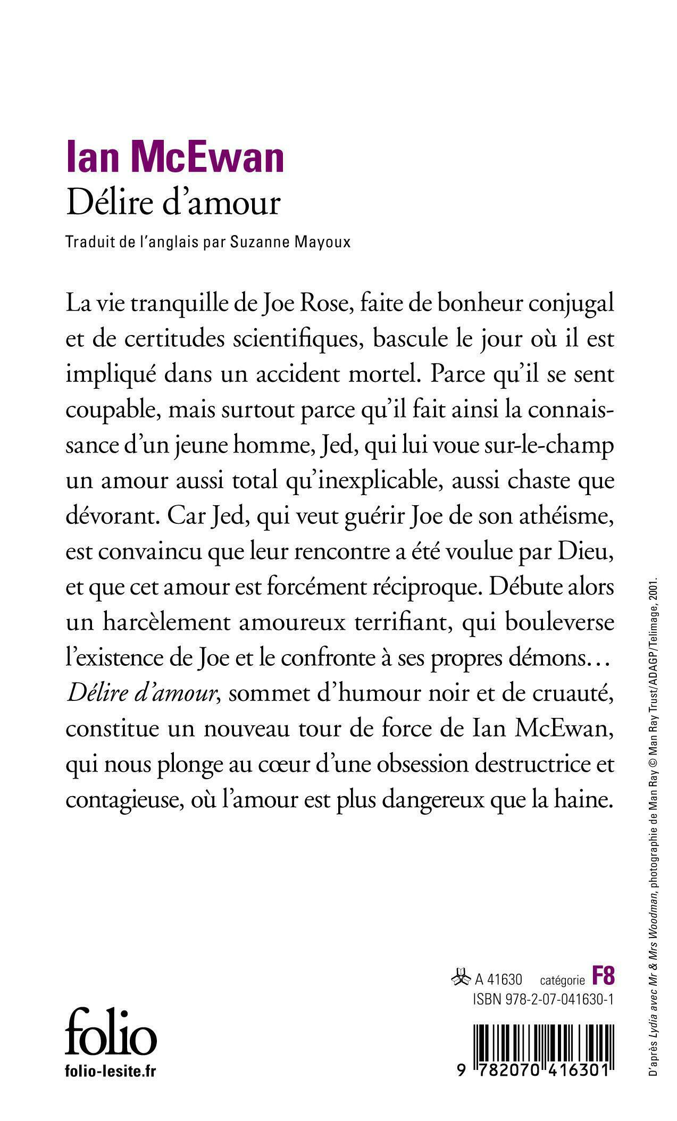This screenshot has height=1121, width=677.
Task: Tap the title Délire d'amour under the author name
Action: click(173, 203)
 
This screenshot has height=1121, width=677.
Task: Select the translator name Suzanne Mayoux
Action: click(291, 242)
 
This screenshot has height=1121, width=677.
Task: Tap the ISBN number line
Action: click(543, 999)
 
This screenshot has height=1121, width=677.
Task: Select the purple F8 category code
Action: click(603, 976)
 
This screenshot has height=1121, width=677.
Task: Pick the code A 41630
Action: click(499, 979)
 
